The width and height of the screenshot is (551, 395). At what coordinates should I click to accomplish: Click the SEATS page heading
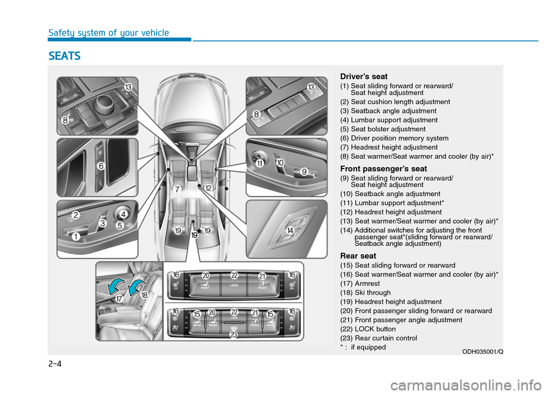pos(65,56)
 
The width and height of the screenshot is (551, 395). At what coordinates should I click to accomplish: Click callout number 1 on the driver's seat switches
pos(75,236)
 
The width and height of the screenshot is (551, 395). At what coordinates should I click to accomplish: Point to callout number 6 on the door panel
pos(100,166)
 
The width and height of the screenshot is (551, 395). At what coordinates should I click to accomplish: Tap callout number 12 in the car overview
pos(208,187)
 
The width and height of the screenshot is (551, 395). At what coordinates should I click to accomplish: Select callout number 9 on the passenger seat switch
pos(304,171)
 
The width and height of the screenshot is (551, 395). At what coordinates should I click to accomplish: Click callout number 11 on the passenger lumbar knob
pos(259,163)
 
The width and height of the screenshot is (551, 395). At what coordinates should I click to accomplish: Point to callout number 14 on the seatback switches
pos(290,230)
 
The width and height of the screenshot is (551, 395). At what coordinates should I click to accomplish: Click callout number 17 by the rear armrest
pos(119,299)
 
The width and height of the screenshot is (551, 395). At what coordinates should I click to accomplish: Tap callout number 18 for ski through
pos(143,295)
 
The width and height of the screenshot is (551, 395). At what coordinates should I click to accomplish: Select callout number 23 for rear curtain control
pos(234,334)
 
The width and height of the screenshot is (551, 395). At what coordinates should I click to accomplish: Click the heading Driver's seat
pos(363,76)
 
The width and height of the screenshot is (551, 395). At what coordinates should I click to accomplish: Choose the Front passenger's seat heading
pos(383,169)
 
